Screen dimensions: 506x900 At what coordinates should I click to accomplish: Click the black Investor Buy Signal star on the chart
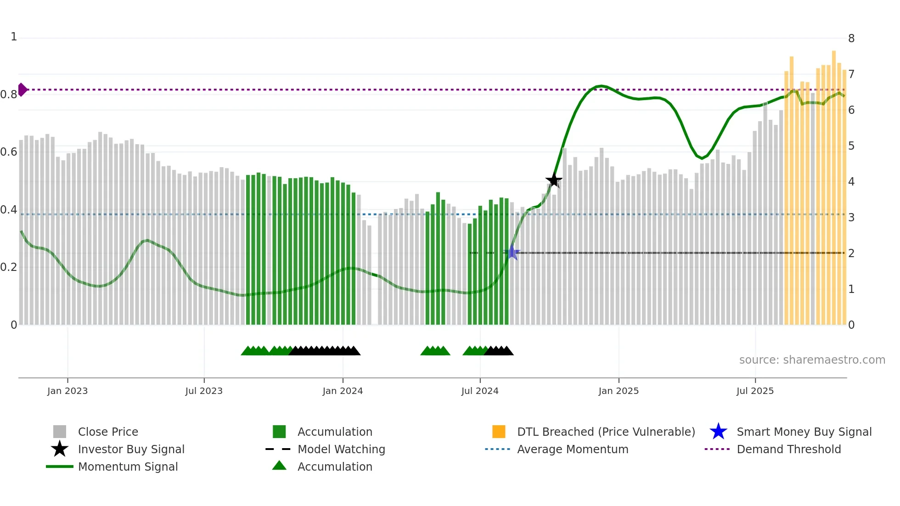click(x=554, y=180)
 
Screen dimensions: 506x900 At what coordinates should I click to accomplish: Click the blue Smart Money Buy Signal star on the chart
click(x=512, y=252)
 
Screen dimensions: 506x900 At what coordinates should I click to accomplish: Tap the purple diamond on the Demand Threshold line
click(x=22, y=90)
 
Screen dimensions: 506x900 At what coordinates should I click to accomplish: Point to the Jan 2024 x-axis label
click(x=343, y=391)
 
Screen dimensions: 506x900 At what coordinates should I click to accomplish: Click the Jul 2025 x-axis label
click(x=755, y=391)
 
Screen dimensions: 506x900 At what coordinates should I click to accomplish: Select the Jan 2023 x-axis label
click(x=67, y=391)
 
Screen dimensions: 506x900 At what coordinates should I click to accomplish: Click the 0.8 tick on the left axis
click(x=9, y=95)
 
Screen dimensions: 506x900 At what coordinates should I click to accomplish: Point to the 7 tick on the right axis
click(x=851, y=74)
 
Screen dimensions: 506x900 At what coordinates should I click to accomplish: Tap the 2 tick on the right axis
click(x=851, y=253)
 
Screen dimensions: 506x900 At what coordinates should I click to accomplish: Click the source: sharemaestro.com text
click(x=812, y=360)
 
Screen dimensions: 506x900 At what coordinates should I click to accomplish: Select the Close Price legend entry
click(x=108, y=432)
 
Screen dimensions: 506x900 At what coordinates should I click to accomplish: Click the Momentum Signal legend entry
click(x=128, y=467)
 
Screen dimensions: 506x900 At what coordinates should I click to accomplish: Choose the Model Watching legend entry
click(x=341, y=449)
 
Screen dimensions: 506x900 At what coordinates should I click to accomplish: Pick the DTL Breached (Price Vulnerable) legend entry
click(x=606, y=432)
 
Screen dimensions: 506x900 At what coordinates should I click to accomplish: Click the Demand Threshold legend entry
click(x=788, y=449)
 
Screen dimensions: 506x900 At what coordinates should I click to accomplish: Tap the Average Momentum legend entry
click(x=572, y=449)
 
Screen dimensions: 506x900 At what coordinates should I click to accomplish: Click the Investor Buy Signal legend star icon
click(x=60, y=449)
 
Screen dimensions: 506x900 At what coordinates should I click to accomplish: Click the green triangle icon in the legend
click(x=279, y=466)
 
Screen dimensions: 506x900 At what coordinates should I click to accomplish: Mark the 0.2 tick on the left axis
click(x=9, y=267)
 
